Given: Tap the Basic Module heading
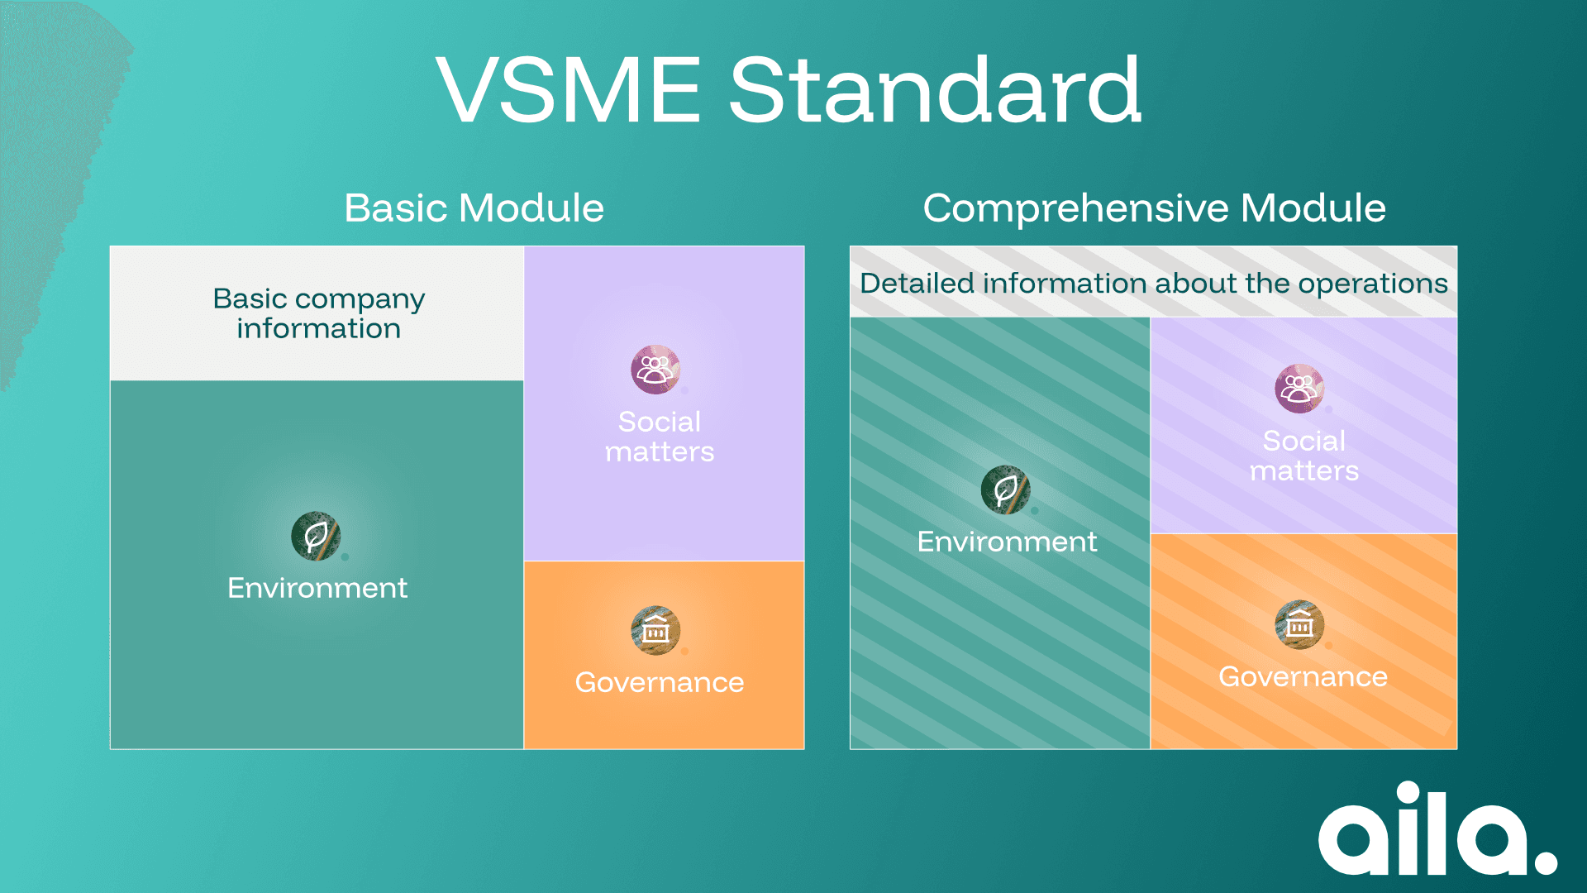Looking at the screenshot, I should click(x=474, y=208).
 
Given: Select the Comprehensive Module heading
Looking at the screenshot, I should click(x=1154, y=208).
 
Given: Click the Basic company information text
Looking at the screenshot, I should click(x=318, y=313).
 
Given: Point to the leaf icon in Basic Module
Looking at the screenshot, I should click(x=316, y=537).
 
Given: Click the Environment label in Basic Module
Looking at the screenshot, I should click(x=317, y=588).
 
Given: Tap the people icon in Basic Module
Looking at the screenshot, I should click(x=655, y=369).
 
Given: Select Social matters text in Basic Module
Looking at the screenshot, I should click(x=659, y=437).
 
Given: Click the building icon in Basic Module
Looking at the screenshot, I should click(x=655, y=630).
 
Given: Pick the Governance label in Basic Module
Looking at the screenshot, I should click(x=659, y=682).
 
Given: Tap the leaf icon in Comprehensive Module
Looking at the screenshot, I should click(x=1005, y=489).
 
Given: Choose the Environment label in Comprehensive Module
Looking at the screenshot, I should click(x=1007, y=542).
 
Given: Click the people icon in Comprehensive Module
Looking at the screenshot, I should click(x=1299, y=388).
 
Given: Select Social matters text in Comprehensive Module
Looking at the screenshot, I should click(x=1303, y=456).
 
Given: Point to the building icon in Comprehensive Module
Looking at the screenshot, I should click(x=1299, y=624).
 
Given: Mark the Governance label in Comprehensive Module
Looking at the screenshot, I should click(x=1303, y=676).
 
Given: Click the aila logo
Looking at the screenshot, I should click(x=1437, y=829).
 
